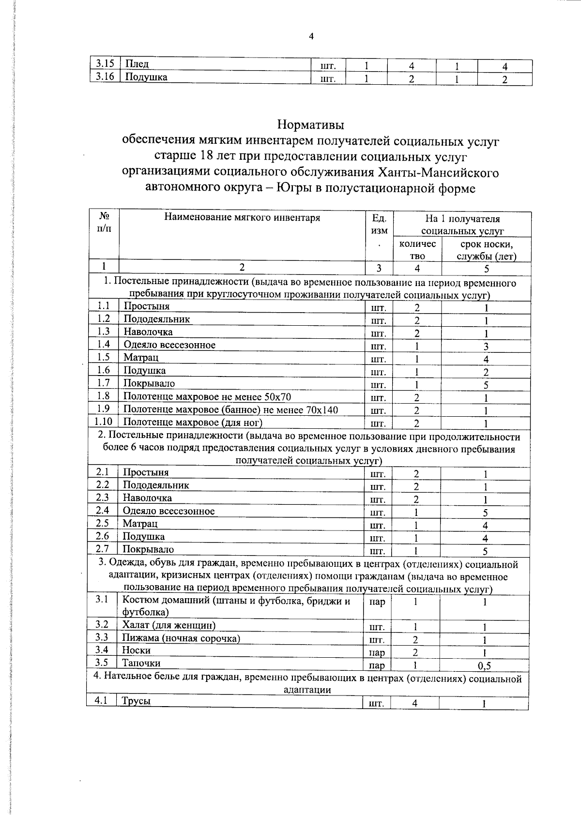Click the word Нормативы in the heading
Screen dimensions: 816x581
click(311, 125)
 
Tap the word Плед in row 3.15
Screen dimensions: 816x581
click(137, 64)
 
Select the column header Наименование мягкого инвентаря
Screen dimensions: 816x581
click(242, 218)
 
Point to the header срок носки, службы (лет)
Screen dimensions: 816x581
click(486, 250)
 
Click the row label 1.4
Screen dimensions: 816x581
click(104, 344)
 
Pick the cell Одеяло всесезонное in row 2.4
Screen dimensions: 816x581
click(168, 511)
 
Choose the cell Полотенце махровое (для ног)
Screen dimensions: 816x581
click(193, 423)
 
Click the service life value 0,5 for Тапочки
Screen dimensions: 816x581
click(484, 666)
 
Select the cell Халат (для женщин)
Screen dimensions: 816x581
click(168, 625)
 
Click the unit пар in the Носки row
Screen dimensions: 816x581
click(377, 653)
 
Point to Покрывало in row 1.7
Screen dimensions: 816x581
click(149, 383)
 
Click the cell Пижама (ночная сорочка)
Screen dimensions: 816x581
click(181, 638)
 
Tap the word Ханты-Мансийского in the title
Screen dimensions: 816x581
click(437, 172)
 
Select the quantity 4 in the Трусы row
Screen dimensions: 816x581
click(415, 703)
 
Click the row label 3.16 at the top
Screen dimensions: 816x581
click(104, 77)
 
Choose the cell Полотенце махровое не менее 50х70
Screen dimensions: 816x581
click(207, 397)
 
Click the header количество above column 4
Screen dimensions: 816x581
click(417, 250)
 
